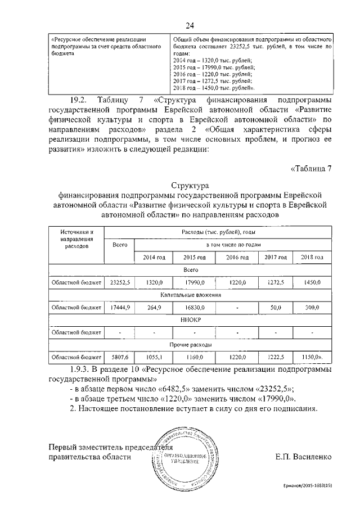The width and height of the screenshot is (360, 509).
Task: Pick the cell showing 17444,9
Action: (x=119, y=308)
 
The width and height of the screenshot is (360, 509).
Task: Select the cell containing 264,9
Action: (x=152, y=308)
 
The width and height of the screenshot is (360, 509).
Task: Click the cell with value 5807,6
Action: (x=119, y=357)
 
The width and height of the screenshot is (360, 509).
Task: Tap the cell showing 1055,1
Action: (x=152, y=357)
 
